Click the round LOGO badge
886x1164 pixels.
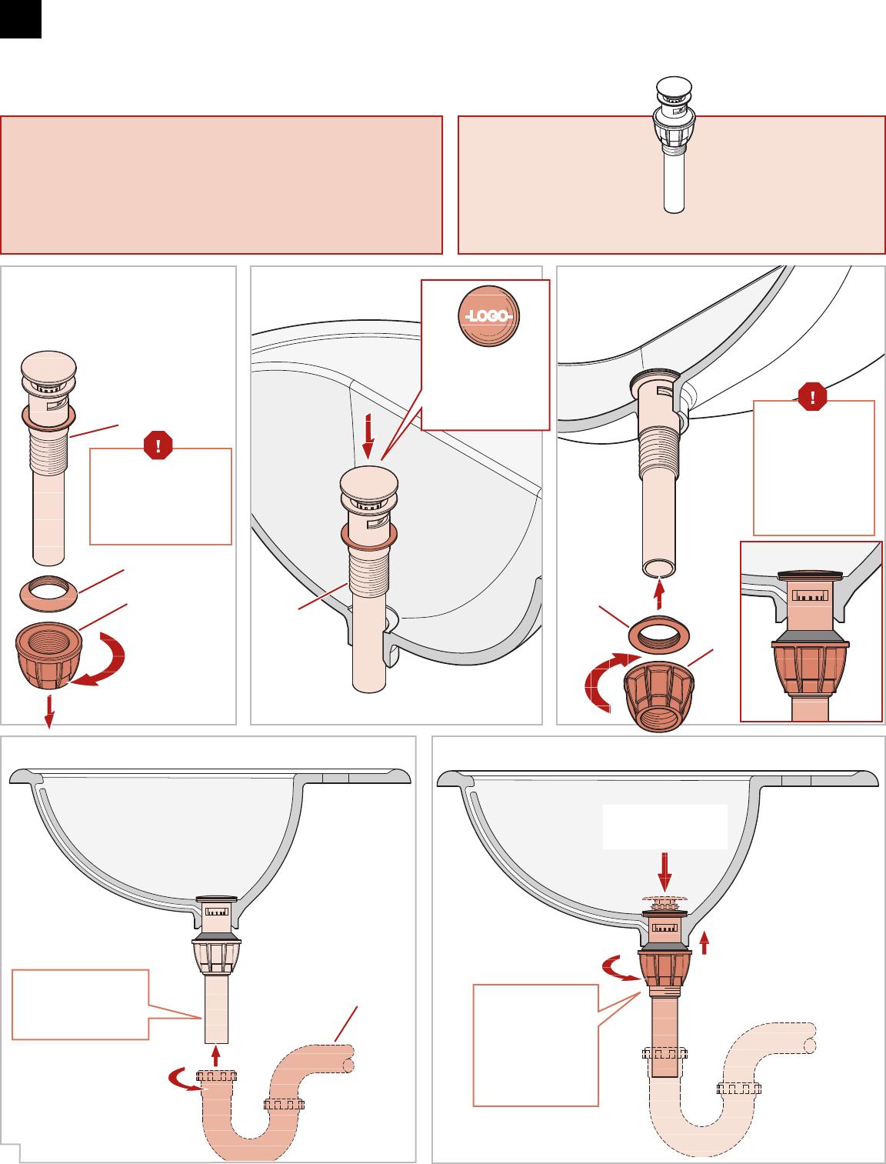(488, 316)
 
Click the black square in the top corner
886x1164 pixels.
(21, 19)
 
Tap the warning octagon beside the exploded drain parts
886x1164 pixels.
(158, 445)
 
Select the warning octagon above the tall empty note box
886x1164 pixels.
(812, 396)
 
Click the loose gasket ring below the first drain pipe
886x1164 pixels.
(48, 593)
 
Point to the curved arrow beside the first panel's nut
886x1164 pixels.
(103, 659)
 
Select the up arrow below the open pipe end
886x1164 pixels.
(658, 594)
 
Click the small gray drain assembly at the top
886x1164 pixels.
(674, 144)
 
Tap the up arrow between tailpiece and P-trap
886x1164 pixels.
(215, 1055)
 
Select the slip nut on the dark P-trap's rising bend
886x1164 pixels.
(284, 1105)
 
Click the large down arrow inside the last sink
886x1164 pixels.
(664, 872)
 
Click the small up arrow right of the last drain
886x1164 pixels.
(704, 942)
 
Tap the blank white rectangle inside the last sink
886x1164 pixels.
(665, 827)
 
